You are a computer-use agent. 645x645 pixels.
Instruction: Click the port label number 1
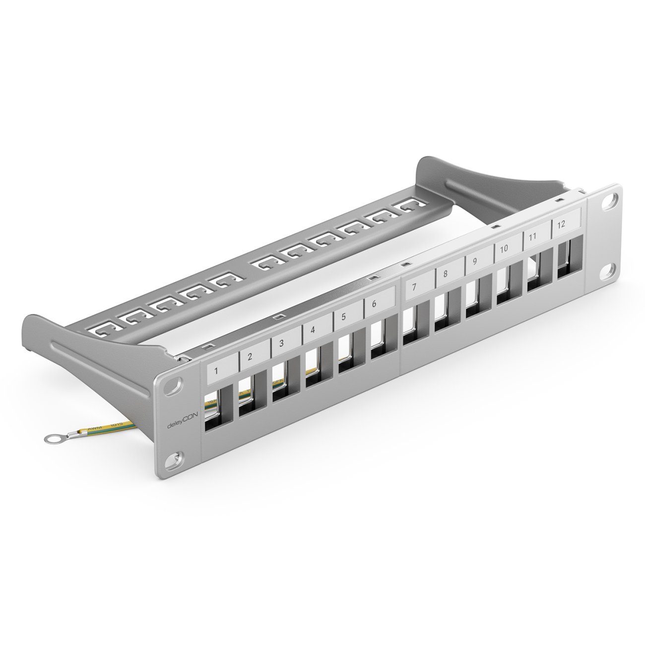[216, 370]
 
